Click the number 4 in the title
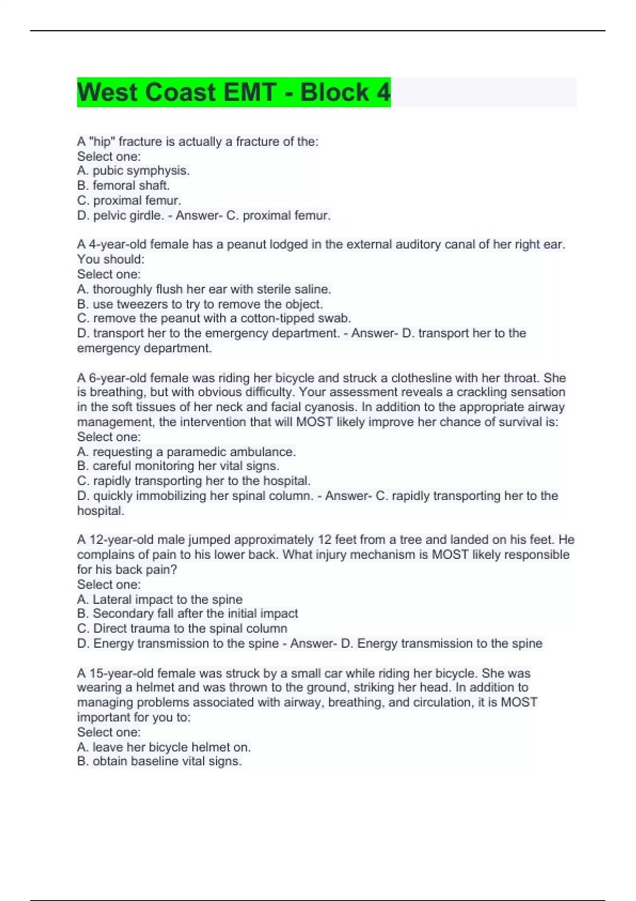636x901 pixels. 383,92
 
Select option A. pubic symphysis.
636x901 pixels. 133,171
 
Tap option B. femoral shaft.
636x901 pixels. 123,185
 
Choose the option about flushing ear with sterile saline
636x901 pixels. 204,289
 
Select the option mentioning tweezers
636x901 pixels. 200,304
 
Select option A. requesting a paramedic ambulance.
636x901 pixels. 186,452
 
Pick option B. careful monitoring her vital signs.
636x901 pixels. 178,466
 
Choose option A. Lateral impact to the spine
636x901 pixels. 160,599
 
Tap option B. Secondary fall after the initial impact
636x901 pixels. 187,614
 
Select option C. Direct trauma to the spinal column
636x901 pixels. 182,629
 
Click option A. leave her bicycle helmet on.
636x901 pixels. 164,747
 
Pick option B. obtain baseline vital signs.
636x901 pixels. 159,761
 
